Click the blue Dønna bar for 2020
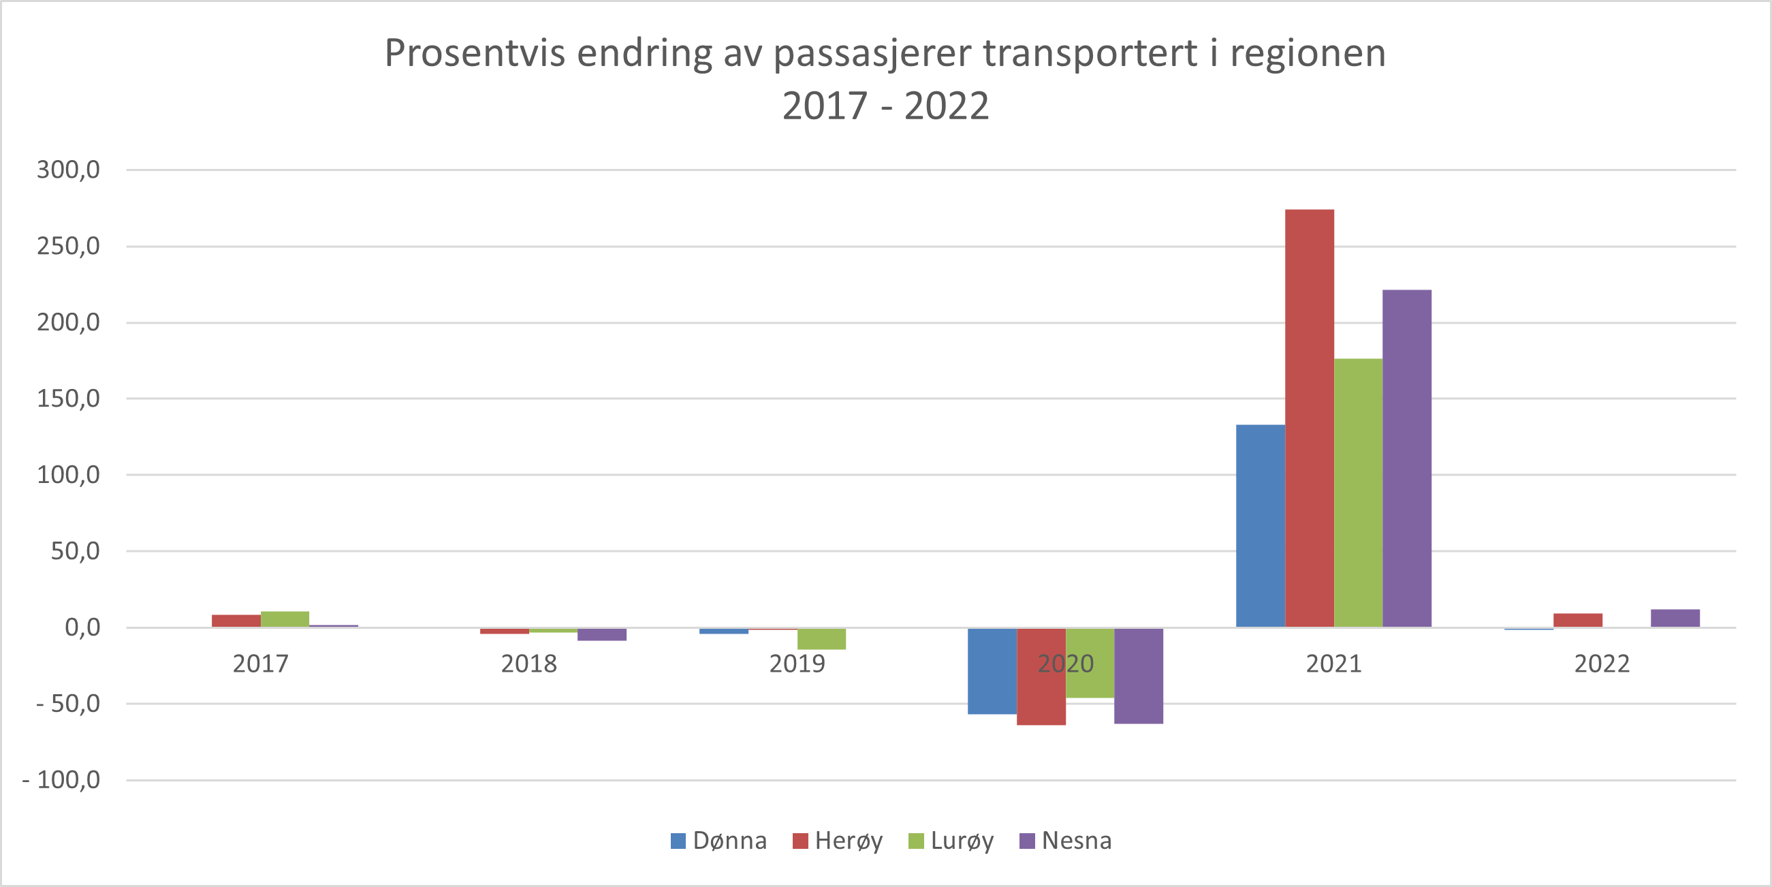[x=992, y=671]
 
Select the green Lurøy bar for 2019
[x=821, y=638]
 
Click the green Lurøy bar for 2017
[x=285, y=619]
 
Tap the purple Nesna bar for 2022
[x=1675, y=618]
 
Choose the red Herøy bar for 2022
[x=1577, y=620]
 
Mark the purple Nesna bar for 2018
[x=602, y=634]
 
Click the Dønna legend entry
[x=719, y=840]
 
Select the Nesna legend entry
[x=1066, y=840]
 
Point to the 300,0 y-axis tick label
[x=68, y=169]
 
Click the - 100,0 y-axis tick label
[x=61, y=779]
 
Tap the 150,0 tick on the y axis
[x=68, y=399]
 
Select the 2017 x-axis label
[x=260, y=664]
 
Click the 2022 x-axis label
[x=1602, y=664]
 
